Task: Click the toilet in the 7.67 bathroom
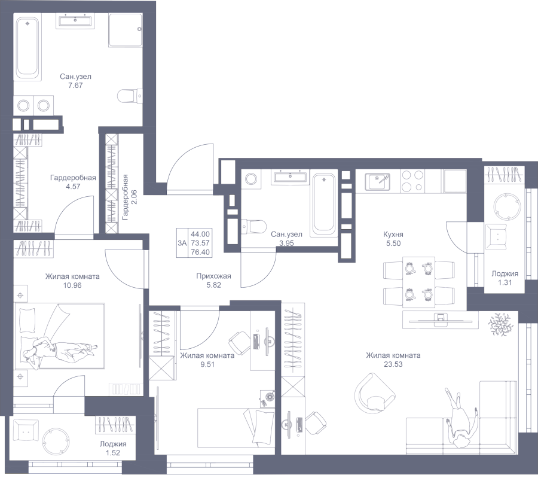pos(129,96)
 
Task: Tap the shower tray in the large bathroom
pos(126,30)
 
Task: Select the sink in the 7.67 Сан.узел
pos(75,21)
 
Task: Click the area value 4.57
pos(73,187)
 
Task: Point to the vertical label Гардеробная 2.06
pos(129,197)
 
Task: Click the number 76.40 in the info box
pos(200,252)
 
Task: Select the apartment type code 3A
pos(182,243)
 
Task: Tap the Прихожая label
pos(213,276)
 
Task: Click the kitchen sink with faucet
pos(377,182)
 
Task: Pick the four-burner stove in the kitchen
pos(412,181)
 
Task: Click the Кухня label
pos(393,235)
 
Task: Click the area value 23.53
pos(393,364)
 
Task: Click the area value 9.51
pos(207,364)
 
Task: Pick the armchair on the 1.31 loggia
pos(496,237)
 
